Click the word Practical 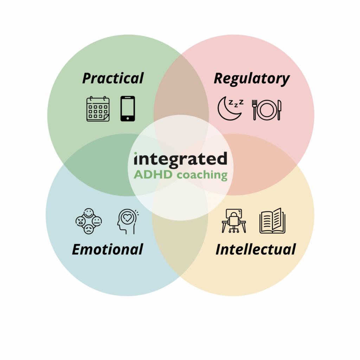[113, 78]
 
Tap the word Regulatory [252, 79]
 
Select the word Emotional [108, 249]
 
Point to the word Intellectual [256, 249]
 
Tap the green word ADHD [153, 174]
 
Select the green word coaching [202, 175]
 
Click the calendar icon [98, 109]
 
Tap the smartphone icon [128, 109]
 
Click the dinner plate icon [266, 110]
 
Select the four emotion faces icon [89, 221]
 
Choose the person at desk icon [234, 221]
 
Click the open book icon [272, 221]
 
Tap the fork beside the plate [255, 110]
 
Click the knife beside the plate [279, 110]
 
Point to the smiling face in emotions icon [89, 213]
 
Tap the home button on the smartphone [128, 118]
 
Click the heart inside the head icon [127, 217]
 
